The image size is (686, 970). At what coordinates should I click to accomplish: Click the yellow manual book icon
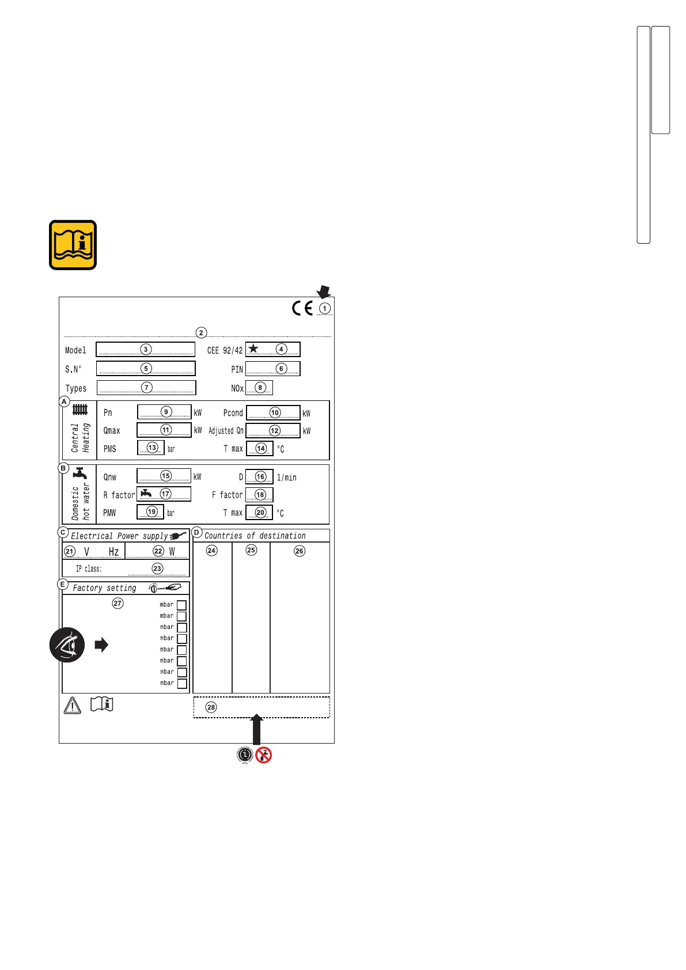(x=73, y=245)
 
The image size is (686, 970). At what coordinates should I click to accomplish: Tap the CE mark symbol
(x=302, y=308)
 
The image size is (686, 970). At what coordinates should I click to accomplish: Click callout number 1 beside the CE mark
(x=325, y=308)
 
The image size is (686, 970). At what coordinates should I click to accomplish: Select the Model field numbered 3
(x=145, y=349)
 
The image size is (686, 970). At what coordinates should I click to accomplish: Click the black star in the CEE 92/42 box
(x=253, y=348)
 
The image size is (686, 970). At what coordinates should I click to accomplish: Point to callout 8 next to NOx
(x=260, y=388)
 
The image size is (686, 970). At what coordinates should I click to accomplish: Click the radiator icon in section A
(x=80, y=410)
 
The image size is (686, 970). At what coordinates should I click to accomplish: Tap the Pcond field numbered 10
(x=274, y=412)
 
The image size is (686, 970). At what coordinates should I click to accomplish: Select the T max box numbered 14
(x=260, y=448)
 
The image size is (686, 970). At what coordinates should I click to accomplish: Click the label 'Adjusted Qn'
(x=226, y=431)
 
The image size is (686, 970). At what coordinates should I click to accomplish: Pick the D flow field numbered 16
(x=259, y=477)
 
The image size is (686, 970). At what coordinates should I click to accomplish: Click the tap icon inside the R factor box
(x=146, y=493)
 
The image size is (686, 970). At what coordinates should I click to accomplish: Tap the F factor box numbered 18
(x=259, y=495)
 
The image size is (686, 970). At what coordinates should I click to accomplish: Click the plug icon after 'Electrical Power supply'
(x=179, y=536)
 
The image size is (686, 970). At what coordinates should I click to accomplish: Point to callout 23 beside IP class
(x=157, y=569)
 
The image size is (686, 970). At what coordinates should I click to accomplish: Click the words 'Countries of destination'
(x=255, y=536)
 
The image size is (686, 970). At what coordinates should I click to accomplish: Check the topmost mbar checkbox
(x=181, y=605)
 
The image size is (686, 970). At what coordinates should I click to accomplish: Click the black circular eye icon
(x=67, y=645)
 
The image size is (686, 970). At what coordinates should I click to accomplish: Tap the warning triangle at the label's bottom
(x=72, y=705)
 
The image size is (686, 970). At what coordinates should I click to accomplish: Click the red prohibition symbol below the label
(x=264, y=755)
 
